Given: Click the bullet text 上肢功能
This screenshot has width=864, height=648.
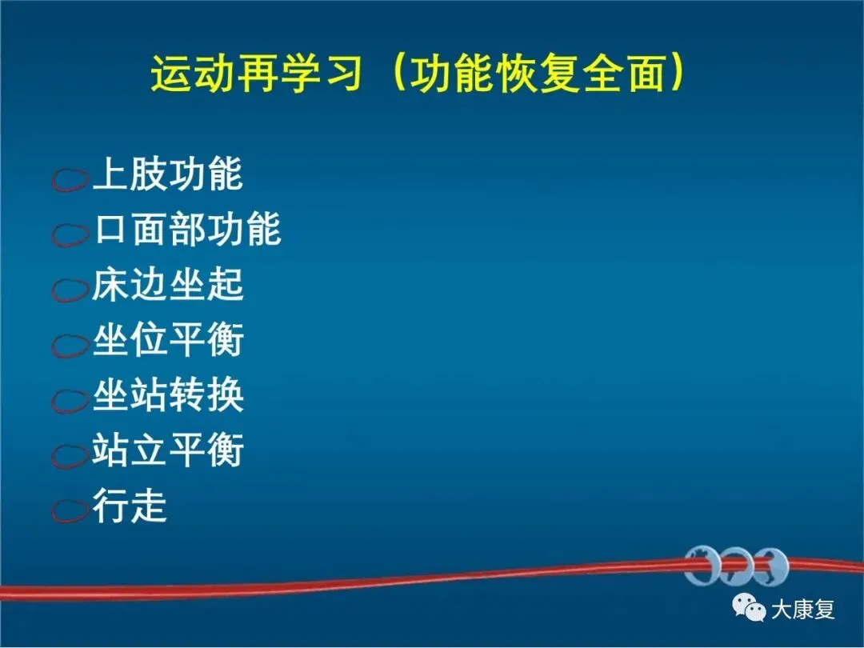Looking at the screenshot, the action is [168, 174].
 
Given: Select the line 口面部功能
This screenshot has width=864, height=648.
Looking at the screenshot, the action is [187, 229].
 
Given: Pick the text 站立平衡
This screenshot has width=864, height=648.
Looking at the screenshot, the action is [168, 450].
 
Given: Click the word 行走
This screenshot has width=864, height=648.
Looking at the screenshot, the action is [130, 506].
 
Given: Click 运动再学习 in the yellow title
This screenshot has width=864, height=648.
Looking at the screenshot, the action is [256, 74].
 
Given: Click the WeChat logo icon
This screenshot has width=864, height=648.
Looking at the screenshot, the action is [749, 607].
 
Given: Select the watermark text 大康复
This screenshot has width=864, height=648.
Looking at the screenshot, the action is [803, 610].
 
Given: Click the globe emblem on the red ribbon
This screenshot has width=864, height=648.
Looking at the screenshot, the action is [737, 566].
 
